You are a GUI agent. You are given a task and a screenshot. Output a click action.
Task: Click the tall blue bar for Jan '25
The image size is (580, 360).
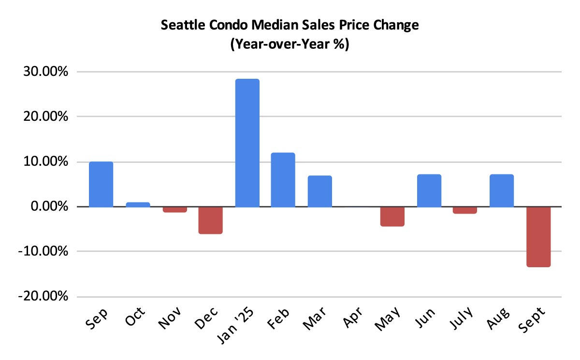pyautogui.click(x=247, y=143)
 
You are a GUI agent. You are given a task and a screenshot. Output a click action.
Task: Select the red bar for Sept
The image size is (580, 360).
pyautogui.click(x=538, y=237)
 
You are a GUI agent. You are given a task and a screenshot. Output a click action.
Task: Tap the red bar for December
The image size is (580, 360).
pyautogui.click(x=210, y=220)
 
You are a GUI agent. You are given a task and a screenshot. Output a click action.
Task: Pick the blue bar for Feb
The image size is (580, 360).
pyautogui.click(x=283, y=180)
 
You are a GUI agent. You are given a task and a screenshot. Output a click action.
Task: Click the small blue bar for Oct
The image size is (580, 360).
pyautogui.click(x=138, y=204)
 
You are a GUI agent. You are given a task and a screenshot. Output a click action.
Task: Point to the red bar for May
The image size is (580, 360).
pyautogui.click(x=392, y=216)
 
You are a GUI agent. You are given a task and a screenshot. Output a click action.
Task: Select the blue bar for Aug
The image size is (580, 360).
pyautogui.click(x=501, y=190)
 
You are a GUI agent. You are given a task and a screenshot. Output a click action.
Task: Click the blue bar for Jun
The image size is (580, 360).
pyautogui.click(x=429, y=190)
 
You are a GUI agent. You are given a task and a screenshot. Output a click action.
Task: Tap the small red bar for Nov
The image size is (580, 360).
pyautogui.click(x=174, y=210)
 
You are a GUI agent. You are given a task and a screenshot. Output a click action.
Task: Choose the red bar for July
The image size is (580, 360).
pyautogui.click(x=465, y=210)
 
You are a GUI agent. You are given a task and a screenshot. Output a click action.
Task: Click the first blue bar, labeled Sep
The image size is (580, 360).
pyautogui.click(x=101, y=184)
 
